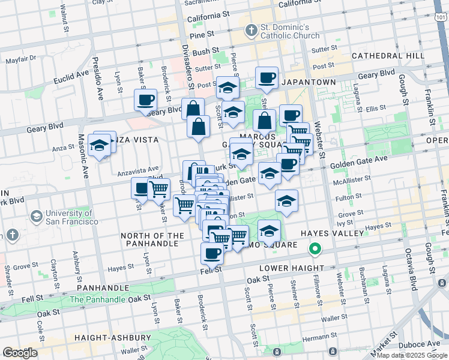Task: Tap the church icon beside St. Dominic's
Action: click(252, 29)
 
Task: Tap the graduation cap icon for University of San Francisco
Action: click(35, 216)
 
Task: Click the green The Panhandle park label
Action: click(97, 299)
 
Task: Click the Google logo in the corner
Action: click(20, 353)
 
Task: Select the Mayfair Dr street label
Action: click(21, 60)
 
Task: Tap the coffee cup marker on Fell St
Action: click(212, 254)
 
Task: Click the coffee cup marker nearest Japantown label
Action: click(267, 77)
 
